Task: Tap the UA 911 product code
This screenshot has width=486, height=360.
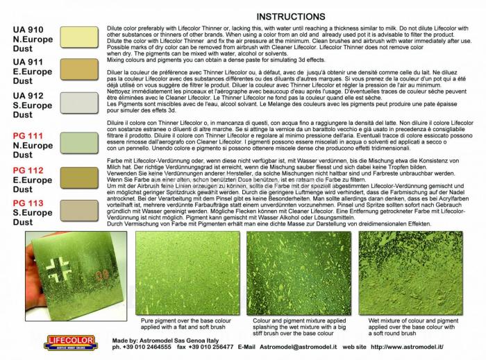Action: point(28,62)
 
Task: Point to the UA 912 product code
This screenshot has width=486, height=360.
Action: point(28,95)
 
